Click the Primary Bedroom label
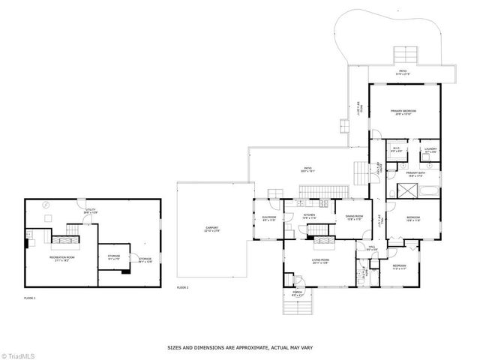coord(403,112)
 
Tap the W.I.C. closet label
coord(397,149)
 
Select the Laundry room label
coord(430,149)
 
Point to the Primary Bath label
coord(415,173)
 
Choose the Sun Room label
coord(269,219)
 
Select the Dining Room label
coord(353,217)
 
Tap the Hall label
coord(371,247)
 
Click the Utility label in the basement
coord(90,211)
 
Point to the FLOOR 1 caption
coord(29,298)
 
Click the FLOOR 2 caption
coord(182,288)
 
